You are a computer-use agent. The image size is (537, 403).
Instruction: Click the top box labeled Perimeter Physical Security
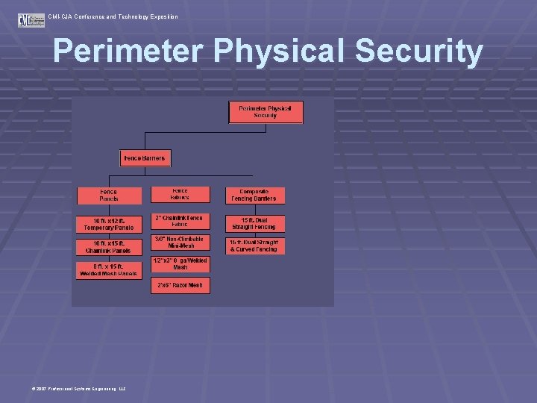(265, 112)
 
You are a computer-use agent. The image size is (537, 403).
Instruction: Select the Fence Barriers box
(146, 158)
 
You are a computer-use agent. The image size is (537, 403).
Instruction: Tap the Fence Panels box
(109, 196)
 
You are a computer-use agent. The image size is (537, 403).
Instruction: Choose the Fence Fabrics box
(180, 194)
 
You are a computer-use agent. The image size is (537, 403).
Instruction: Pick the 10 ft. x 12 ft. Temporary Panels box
(109, 224)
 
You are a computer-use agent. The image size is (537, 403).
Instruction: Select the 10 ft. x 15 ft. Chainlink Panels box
(109, 247)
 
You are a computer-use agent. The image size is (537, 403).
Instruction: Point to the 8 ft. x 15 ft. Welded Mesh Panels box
(109, 269)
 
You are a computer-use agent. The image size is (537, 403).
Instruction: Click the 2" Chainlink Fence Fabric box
(180, 222)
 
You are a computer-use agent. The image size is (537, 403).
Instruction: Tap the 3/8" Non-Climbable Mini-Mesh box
(180, 243)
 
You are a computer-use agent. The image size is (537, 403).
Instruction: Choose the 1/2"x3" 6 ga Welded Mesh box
(180, 264)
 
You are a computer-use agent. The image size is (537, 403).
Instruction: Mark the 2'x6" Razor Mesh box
(180, 285)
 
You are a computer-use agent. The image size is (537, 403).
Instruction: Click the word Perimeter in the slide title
(128, 51)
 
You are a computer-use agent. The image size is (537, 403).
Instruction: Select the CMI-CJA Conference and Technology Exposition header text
(113, 16)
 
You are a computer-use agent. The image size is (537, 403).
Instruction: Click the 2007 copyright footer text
(78, 389)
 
